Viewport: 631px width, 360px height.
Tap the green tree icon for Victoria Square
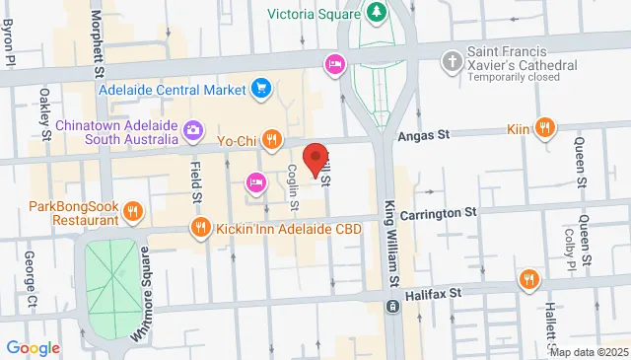click(x=375, y=12)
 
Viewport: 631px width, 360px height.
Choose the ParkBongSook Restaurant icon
click(x=135, y=210)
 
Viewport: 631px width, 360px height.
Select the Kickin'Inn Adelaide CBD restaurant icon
click(x=201, y=229)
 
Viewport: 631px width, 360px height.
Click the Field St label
click(x=196, y=183)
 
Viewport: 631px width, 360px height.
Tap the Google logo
click(x=33, y=347)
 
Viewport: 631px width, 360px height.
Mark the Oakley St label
click(x=45, y=108)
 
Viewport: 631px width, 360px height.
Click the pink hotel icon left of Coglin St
click(x=255, y=181)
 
